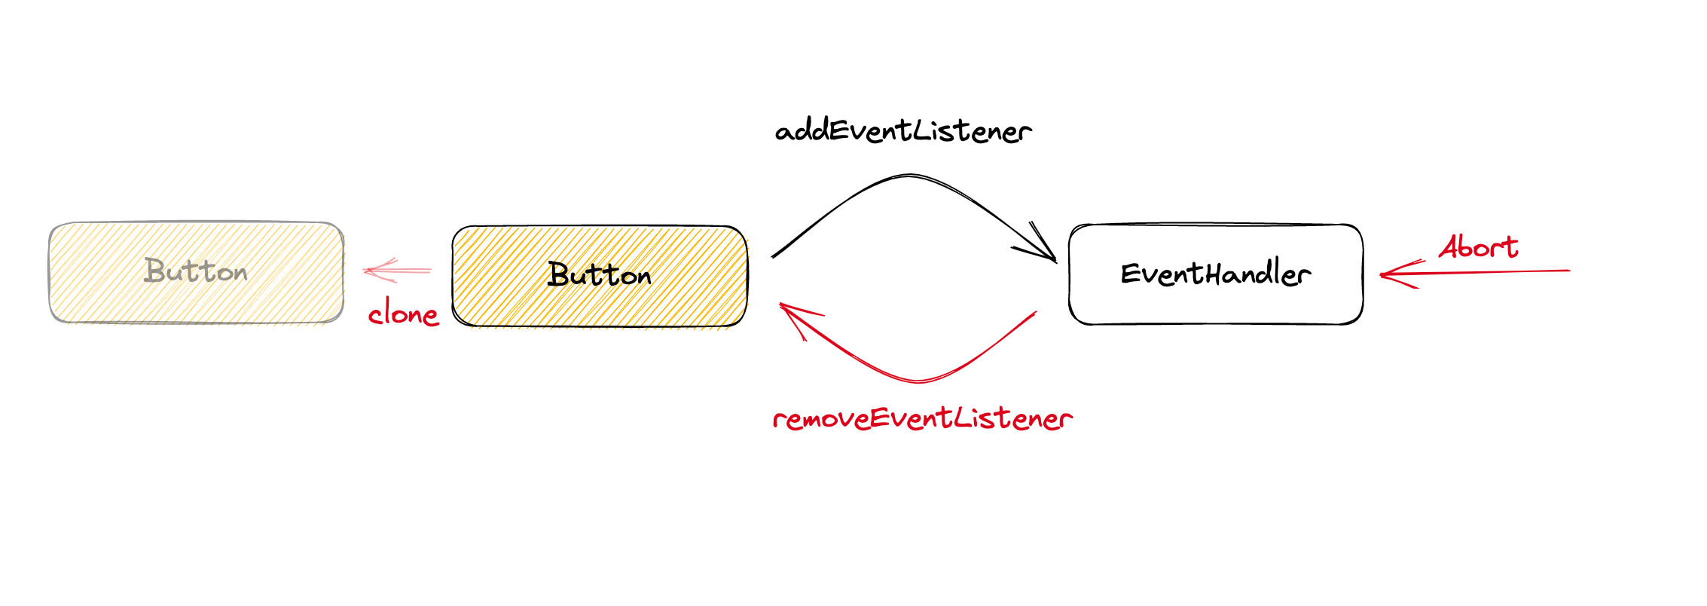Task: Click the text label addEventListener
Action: click(902, 131)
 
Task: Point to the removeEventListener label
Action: click(922, 419)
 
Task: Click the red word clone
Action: click(403, 314)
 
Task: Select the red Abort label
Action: click(1478, 247)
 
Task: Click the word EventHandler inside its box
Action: click(1216, 273)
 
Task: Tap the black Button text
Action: click(600, 275)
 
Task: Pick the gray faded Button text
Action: click(196, 271)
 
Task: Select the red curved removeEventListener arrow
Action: click(919, 380)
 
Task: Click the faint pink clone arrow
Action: click(399, 270)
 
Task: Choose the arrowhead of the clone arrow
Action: click(369, 270)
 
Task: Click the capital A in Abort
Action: click(1450, 247)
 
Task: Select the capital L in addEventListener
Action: click(922, 130)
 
